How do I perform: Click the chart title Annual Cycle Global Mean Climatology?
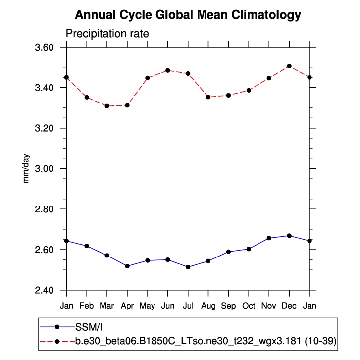click(x=188, y=15)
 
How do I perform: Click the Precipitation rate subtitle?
click(x=107, y=34)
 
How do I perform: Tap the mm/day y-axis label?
click(x=27, y=168)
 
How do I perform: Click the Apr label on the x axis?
click(x=127, y=306)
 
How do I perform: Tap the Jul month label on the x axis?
click(x=188, y=306)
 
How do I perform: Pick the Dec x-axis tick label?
click(x=289, y=306)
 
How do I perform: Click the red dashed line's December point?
click(x=289, y=66)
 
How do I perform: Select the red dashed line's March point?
click(x=107, y=106)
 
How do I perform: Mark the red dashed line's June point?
click(x=168, y=70)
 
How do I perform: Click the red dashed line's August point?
click(x=208, y=97)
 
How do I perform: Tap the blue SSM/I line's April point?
click(x=127, y=266)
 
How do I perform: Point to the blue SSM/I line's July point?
click(x=188, y=267)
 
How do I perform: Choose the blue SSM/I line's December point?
click(x=289, y=236)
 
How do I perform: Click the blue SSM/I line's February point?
click(x=87, y=246)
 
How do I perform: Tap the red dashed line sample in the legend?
click(x=57, y=341)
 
